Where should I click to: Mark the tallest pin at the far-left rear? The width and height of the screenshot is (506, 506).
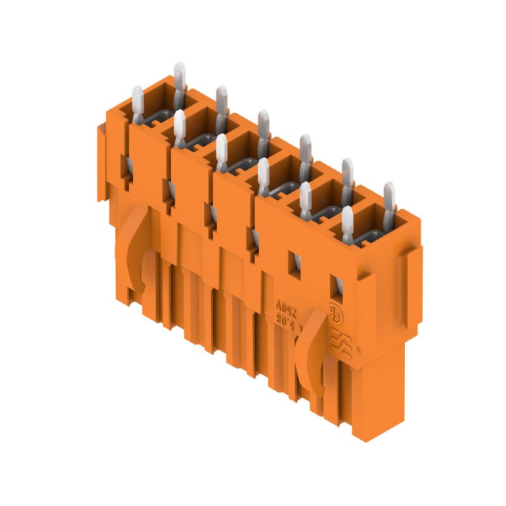pos(179,79)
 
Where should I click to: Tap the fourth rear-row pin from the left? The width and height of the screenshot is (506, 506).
pos(305,152)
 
